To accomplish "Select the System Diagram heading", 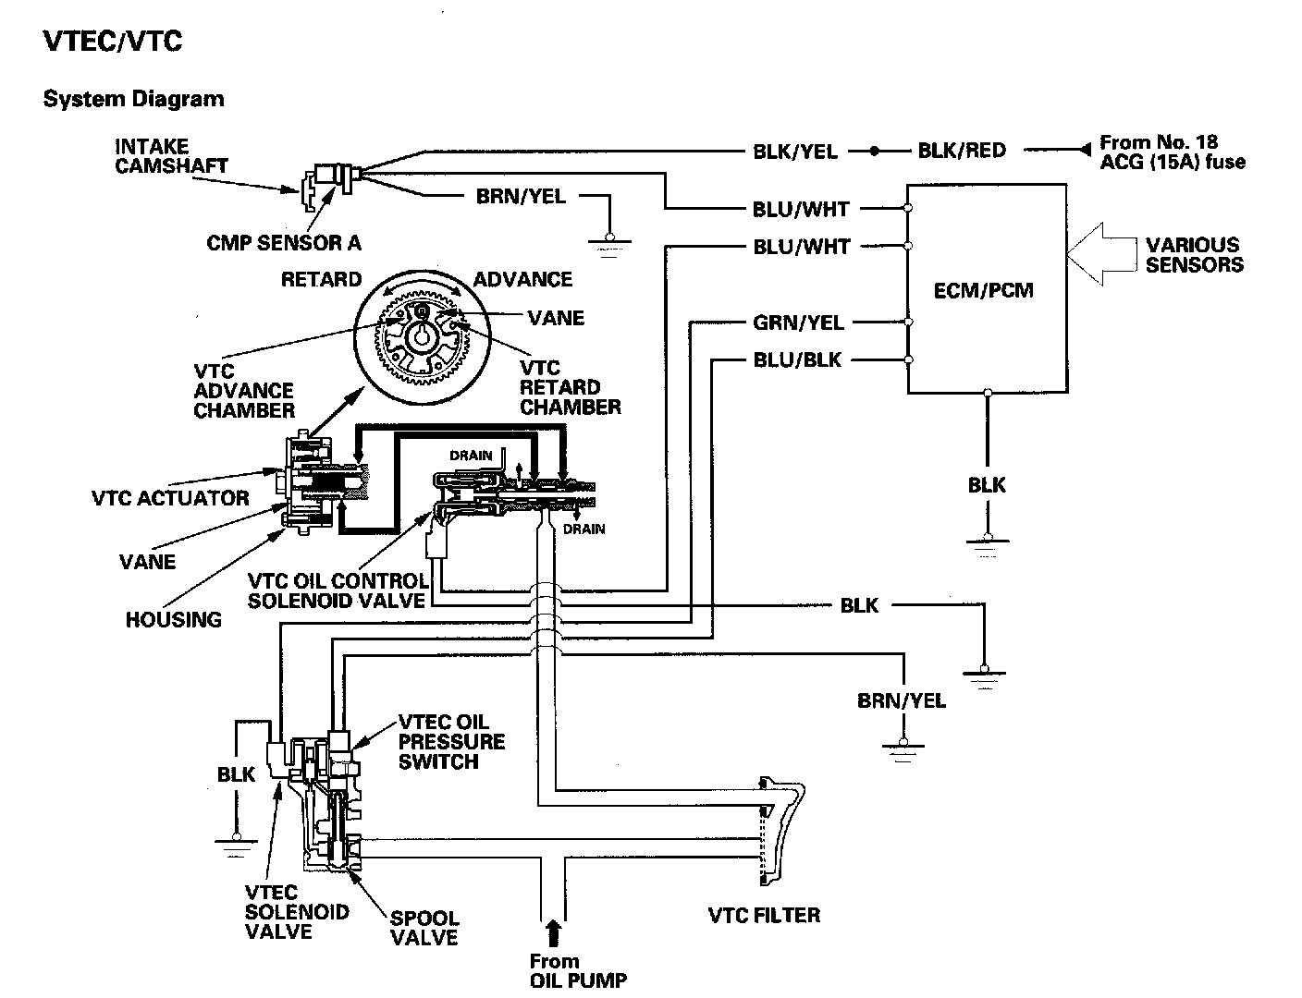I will point(133,99).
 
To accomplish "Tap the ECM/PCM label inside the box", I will point(983,290).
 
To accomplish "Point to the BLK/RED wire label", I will point(961,151).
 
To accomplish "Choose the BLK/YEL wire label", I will point(794,152).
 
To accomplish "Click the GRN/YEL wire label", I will point(798,323).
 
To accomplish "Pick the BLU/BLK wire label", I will point(797,360).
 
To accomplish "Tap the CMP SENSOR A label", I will point(283,243).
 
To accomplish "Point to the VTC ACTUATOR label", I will point(170,498).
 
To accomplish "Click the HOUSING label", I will point(173,620).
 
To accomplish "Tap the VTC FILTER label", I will point(764,916).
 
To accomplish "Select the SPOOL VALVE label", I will point(424,928).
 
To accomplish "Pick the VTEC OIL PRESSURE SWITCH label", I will point(451,742).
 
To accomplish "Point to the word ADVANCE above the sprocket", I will point(522,279).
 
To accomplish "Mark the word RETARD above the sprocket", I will point(321,279).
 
